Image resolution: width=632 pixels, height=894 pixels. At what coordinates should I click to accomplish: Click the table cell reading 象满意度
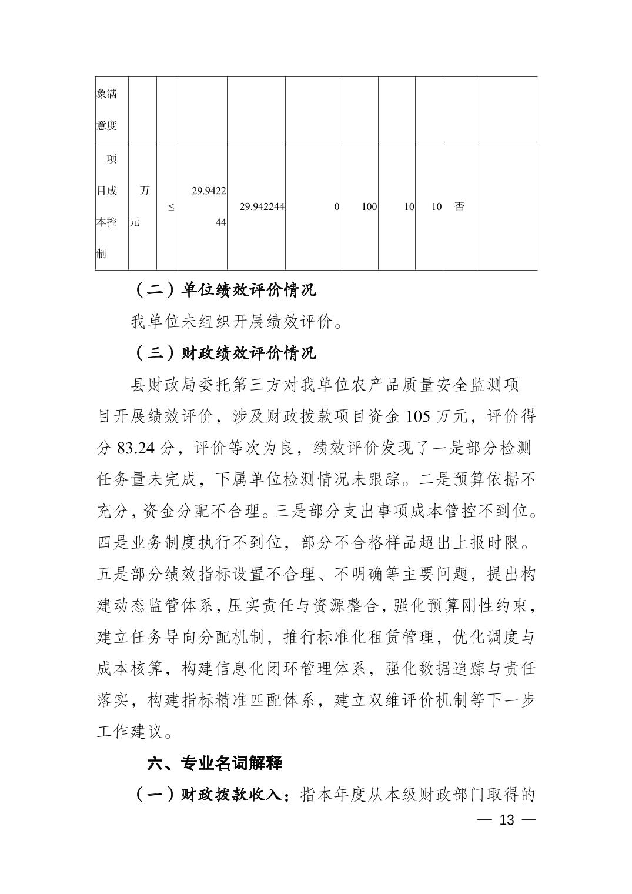107,109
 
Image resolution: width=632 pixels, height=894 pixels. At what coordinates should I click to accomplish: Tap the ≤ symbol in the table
171,207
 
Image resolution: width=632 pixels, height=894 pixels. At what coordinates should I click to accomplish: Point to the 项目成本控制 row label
108,206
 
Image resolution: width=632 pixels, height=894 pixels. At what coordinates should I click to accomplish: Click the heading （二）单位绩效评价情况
224,290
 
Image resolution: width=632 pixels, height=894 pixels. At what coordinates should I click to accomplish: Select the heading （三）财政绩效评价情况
224,353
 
